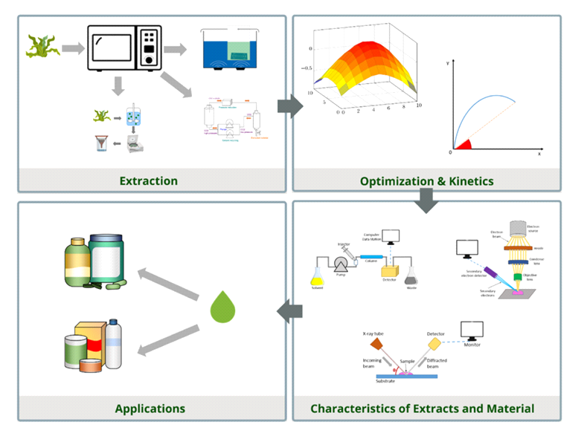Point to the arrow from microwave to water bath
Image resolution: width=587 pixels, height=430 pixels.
176,50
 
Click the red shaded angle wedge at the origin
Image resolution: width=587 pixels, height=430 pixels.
462,145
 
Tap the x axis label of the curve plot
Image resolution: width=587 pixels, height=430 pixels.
539,153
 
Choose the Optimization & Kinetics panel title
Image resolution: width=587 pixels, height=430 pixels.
426,180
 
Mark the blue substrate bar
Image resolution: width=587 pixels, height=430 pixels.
405,376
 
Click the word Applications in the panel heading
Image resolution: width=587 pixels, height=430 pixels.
150,408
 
